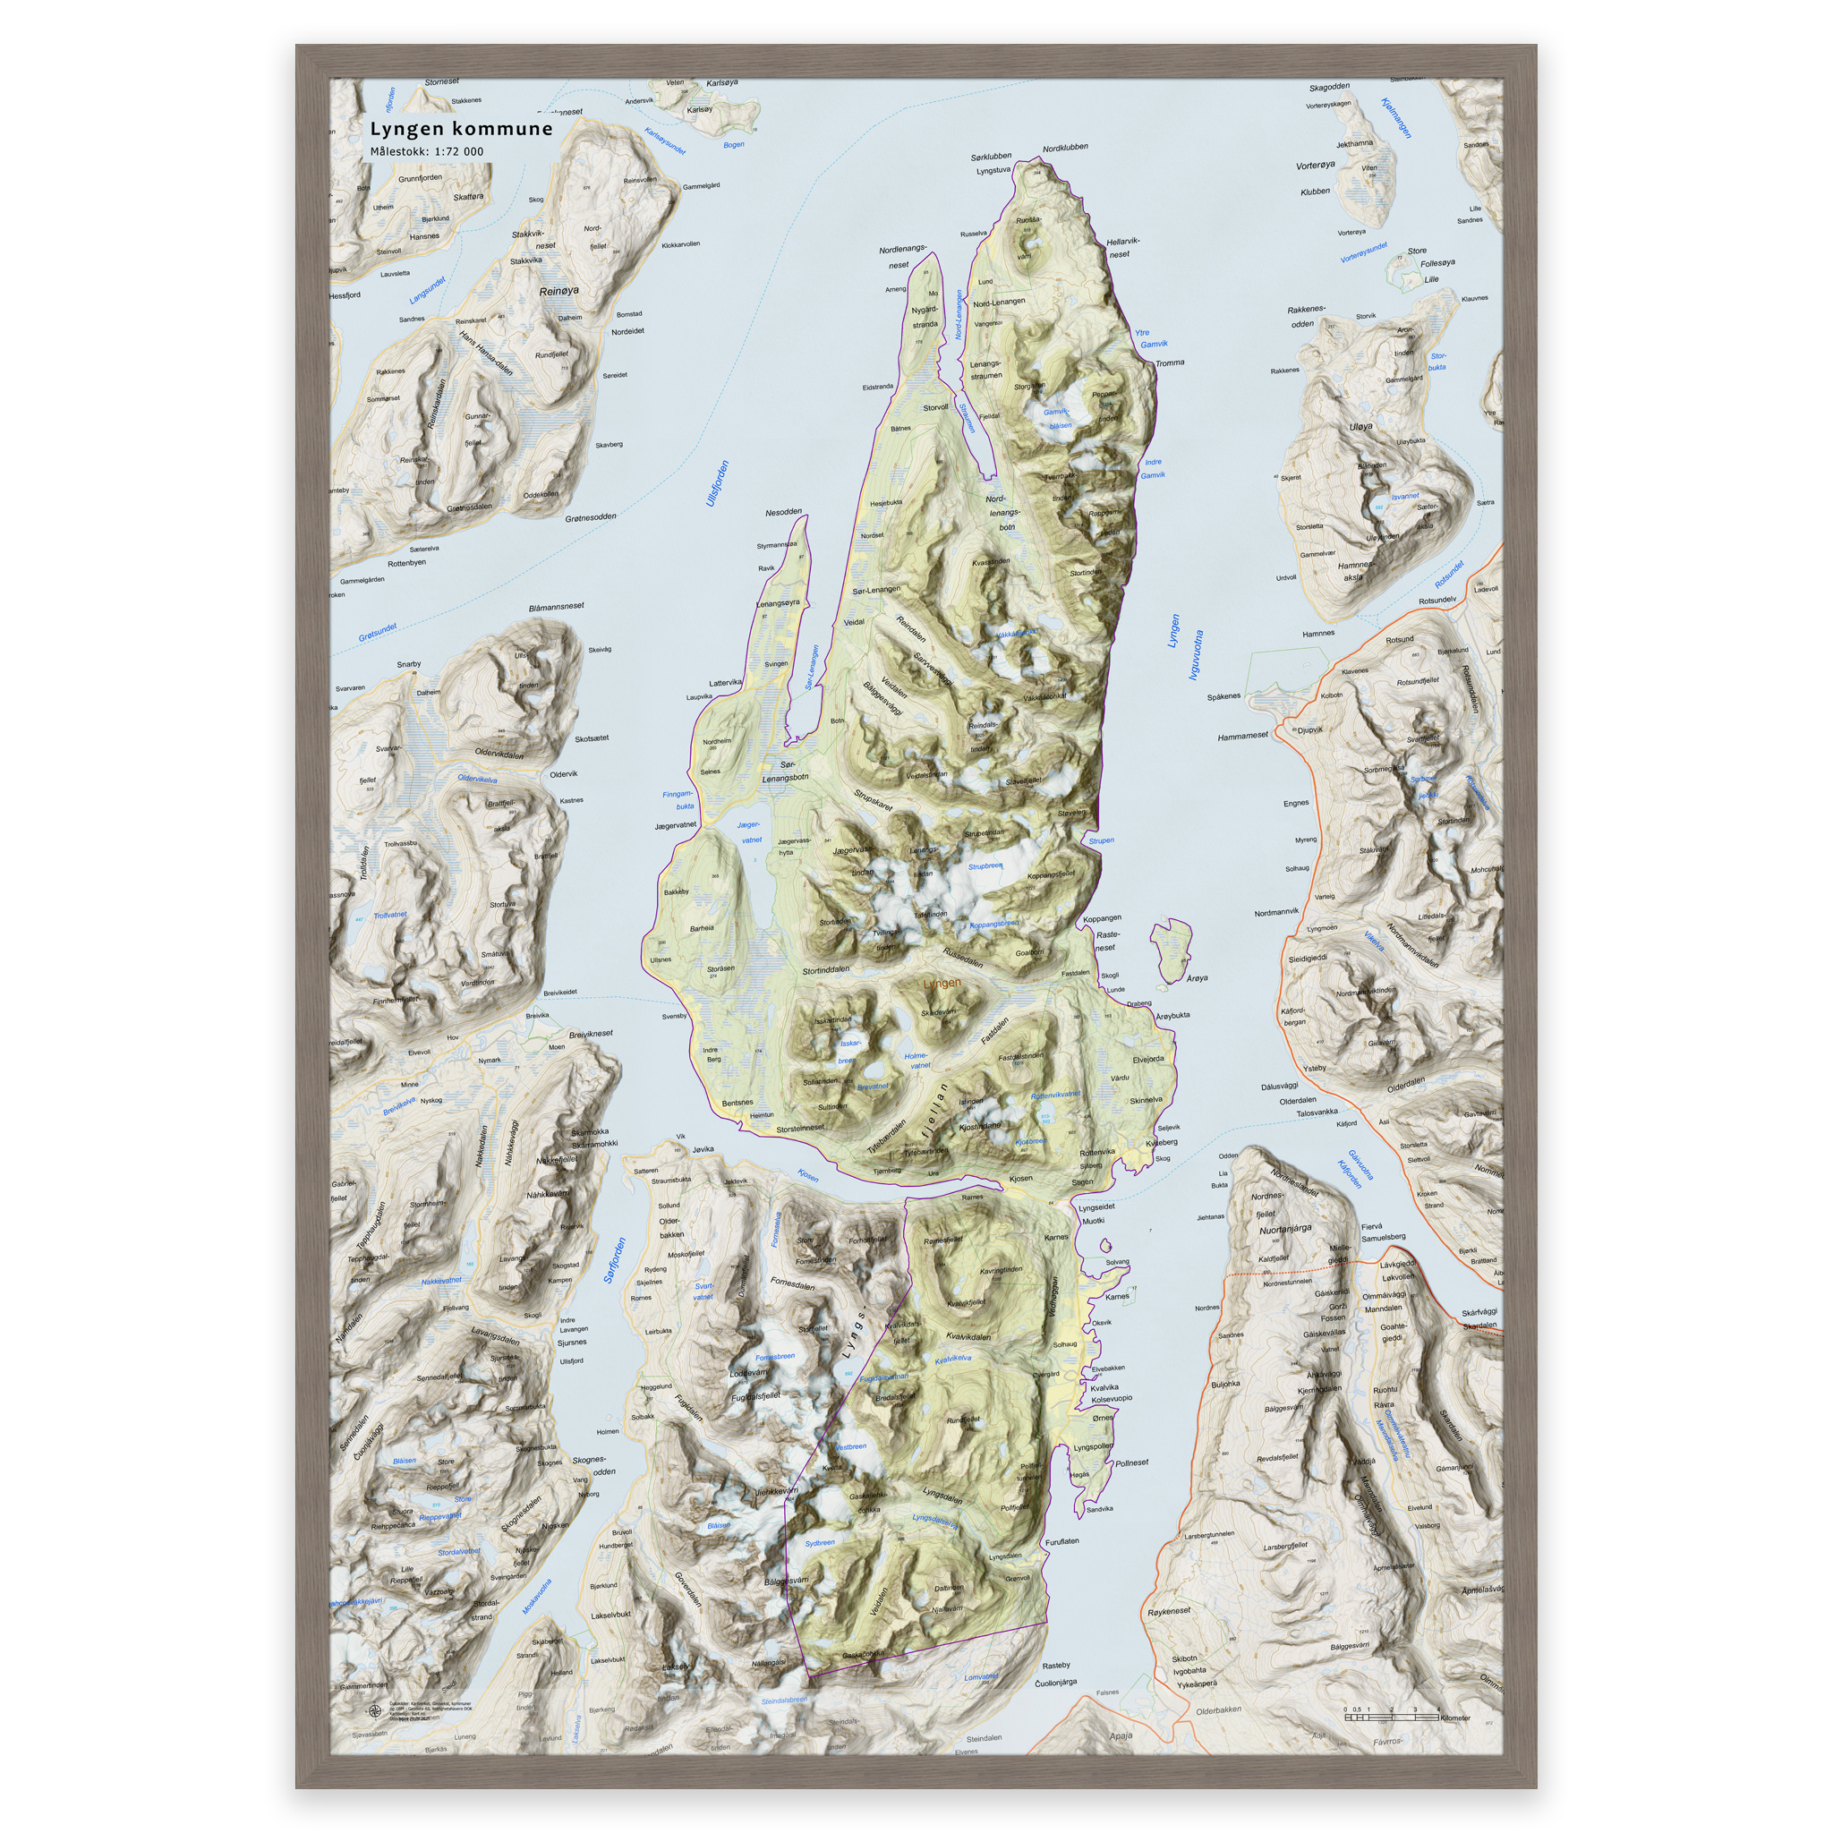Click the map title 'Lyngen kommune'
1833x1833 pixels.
[x=461, y=129]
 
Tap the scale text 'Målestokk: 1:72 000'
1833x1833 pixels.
[x=426, y=152]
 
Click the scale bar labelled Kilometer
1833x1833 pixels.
[x=1394, y=1717]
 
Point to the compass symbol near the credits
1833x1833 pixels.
[x=374, y=1711]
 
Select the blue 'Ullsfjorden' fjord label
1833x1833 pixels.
[x=718, y=483]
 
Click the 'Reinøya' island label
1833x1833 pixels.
[x=558, y=291]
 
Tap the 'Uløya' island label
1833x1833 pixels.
[x=1360, y=427]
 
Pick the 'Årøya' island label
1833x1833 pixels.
[x=1198, y=978]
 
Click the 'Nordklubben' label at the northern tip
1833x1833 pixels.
[x=1064, y=148]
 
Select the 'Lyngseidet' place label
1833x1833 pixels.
[x=1096, y=1206]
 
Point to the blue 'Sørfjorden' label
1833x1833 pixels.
[x=616, y=1261]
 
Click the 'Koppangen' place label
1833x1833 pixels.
[x=1102, y=918]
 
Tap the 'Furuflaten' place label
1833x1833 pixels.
[x=1061, y=1542]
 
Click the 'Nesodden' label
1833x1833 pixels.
[x=783, y=512]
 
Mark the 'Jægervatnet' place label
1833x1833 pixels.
[x=675, y=825]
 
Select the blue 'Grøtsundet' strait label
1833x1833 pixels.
[x=378, y=632]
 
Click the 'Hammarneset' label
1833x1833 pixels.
[x=1243, y=737]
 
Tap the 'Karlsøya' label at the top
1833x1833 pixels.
[x=722, y=83]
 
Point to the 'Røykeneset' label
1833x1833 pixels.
[x=1169, y=1612]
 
